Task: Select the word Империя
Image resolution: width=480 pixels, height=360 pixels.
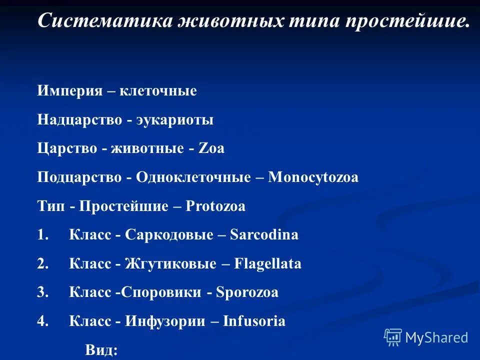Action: pos(66,91)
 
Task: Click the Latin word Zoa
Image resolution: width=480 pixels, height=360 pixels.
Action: pos(211,149)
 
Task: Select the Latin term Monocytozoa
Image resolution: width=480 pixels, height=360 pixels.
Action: pos(313,177)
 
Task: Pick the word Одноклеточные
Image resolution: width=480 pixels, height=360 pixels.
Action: pos(193,177)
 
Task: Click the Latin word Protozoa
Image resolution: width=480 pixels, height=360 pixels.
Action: pos(215,206)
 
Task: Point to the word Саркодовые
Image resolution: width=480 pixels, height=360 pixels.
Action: pos(169,235)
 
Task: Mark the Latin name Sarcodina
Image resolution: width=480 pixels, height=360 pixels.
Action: pos(264,235)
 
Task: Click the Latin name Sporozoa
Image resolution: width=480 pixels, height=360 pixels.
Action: pos(247,292)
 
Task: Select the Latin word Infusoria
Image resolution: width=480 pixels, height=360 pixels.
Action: pos(255,321)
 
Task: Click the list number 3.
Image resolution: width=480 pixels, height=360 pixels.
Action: pos(42,292)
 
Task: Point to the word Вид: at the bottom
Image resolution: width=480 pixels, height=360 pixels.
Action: pos(101,349)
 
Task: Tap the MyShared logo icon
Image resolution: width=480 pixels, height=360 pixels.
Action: pos(393,337)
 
